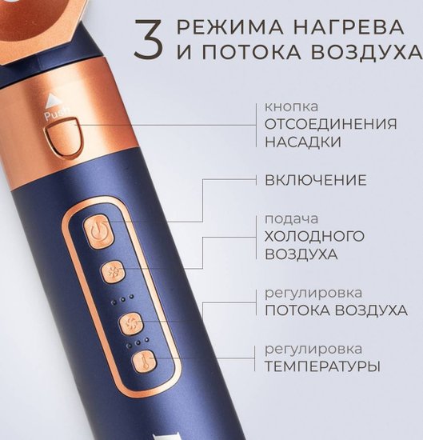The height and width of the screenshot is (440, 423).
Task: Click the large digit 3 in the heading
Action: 148,39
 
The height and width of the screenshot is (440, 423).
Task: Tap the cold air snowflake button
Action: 113,272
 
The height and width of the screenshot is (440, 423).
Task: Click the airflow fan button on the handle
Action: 131,324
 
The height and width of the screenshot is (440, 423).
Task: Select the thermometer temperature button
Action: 145,362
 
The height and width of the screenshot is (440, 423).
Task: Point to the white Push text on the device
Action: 57,114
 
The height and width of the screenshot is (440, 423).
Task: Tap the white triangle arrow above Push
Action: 52,101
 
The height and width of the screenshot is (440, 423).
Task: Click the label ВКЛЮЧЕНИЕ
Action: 316,180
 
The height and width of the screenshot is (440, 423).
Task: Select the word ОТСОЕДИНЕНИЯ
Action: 331,124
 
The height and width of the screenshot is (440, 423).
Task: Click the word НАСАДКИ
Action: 303,142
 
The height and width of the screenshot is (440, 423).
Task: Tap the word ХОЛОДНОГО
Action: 314,236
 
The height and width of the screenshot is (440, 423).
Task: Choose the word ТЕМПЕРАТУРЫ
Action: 322,366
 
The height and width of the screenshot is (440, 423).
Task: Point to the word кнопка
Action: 291,106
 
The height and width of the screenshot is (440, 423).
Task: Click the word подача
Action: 291,220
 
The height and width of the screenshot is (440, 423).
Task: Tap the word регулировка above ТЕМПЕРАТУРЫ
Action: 313,350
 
